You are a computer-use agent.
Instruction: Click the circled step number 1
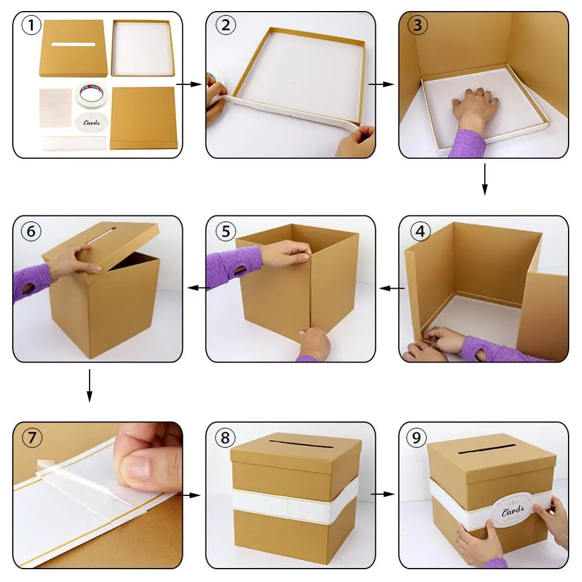click(31, 25)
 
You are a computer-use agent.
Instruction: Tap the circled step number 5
click(226, 231)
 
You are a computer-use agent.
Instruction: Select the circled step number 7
click(32, 437)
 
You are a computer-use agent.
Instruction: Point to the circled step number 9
click(417, 437)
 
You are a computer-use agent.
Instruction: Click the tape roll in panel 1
click(91, 94)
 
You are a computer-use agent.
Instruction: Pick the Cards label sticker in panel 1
click(92, 123)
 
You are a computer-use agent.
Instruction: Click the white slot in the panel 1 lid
click(73, 45)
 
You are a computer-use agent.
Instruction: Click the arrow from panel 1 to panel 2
click(189, 84)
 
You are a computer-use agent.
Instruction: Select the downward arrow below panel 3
click(484, 179)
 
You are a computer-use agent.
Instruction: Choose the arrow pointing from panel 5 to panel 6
click(198, 288)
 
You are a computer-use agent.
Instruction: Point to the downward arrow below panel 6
click(89, 385)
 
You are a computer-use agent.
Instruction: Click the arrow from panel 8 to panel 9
click(382, 494)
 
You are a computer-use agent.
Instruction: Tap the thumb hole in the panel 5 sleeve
click(240, 269)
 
